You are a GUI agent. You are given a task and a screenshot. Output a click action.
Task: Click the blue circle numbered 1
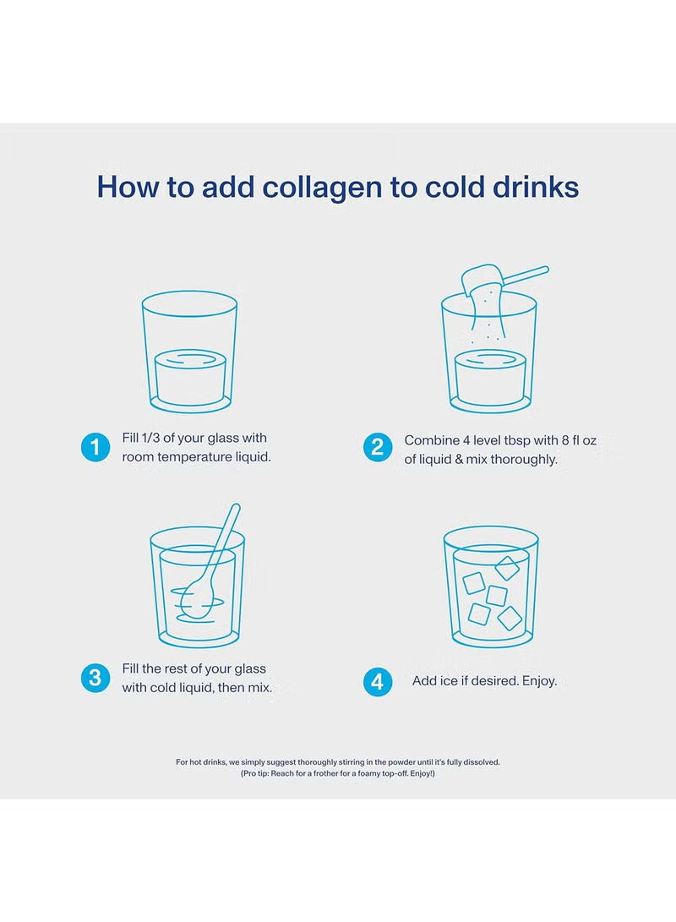click(95, 448)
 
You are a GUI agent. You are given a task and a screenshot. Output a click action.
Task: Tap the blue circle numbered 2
click(378, 448)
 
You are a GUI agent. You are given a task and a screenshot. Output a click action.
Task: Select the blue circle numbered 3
click(95, 678)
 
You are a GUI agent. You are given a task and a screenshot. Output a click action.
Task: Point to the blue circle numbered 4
click(378, 681)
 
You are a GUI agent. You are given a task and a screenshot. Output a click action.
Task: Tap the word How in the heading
click(128, 187)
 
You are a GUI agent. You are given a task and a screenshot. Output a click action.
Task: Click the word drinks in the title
click(535, 187)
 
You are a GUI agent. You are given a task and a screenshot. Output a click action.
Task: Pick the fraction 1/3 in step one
click(155, 438)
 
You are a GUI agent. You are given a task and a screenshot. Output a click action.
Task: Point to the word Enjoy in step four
click(537, 681)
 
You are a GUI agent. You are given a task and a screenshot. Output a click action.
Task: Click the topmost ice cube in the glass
click(507, 568)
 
